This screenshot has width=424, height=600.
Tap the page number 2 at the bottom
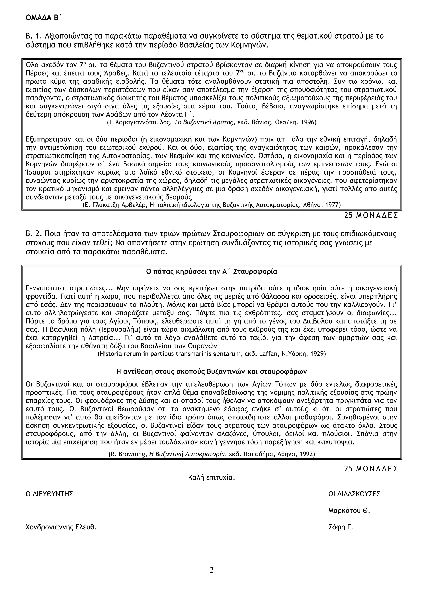tap(212, 570)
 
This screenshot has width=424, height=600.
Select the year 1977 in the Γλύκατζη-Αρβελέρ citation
tap(333, 205)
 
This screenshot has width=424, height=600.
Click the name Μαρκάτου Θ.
tap(349, 511)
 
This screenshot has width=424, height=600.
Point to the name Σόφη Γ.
tap(340, 527)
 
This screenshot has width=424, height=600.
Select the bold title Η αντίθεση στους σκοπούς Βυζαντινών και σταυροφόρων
tap(212, 372)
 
